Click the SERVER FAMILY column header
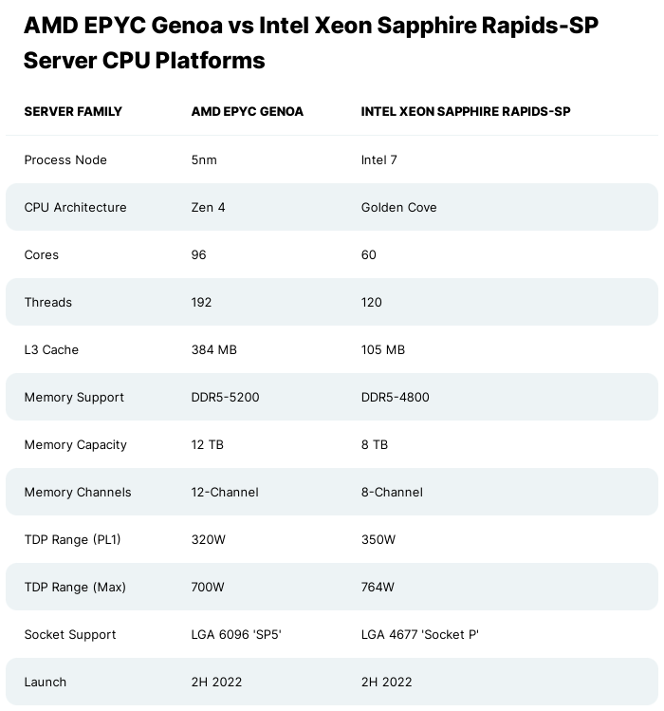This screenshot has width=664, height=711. [73, 112]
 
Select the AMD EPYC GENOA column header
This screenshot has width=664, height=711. [247, 112]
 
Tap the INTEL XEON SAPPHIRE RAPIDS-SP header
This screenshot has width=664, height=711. [466, 112]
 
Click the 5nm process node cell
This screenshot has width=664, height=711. [204, 160]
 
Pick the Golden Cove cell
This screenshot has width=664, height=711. [398, 207]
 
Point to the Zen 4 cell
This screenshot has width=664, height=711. [208, 207]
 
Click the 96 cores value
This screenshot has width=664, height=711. [198, 254]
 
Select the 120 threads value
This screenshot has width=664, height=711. [371, 303]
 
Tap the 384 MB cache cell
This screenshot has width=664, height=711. [214, 349]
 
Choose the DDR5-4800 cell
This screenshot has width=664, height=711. [395, 397]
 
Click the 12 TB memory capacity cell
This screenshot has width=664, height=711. [207, 445]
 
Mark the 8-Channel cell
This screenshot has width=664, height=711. [392, 492]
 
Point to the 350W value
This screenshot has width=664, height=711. [378, 539]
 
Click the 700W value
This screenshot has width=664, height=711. [208, 588]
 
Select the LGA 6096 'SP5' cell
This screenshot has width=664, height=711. [236, 634]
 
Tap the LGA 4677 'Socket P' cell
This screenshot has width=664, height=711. [419, 634]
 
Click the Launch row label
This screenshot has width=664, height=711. [46, 682]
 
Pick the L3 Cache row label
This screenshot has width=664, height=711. [51, 349]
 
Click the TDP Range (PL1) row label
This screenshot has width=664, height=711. [72, 539]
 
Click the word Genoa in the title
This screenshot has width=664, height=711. [187, 26]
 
